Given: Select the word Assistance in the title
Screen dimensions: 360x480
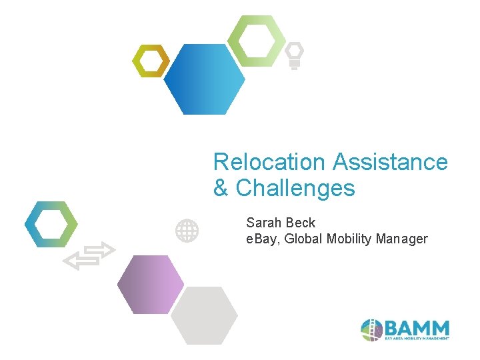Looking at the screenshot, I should [x=390, y=162].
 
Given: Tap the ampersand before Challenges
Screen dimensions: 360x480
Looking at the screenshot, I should [x=221, y=189].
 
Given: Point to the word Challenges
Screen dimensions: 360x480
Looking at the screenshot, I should [x=295, y=189].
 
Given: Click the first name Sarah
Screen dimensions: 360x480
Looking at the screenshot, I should [x=263, y=223].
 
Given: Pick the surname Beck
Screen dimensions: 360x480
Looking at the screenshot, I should [x=300, y=223].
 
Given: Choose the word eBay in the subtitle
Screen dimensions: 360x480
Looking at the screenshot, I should [x=262, y=239].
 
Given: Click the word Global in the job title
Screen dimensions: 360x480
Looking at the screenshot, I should [x=304, y=239].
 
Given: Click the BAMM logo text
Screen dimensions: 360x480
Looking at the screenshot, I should [x=417, y=329].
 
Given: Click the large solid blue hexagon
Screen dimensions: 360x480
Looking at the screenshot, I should [x=204, y=79].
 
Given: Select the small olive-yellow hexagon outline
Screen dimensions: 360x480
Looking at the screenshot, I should [x=150, y=61].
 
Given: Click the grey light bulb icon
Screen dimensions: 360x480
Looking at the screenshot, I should [x=294, y=55].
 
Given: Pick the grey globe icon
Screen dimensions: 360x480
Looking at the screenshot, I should [x=187, y=231].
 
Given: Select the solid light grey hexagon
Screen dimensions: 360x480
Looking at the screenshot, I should [x=204, y=315].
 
